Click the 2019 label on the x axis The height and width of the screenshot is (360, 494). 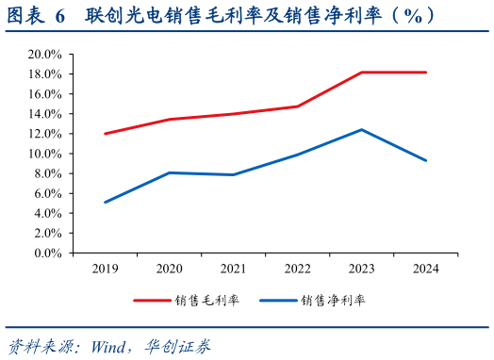coord(105,270)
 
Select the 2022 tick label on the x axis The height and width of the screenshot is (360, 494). coord(297,270)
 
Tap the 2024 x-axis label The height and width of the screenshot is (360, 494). coord(426,270)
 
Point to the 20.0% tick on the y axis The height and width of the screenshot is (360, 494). coord(45,55)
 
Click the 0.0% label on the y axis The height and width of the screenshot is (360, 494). coord(48,253)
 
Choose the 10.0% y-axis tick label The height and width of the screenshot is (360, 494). coord(45,154)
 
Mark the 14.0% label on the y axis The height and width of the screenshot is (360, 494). coord(45,114)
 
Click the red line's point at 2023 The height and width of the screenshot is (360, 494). coord(362,73)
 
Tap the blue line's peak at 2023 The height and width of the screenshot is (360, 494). coord(362,130)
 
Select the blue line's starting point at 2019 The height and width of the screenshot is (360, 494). coord(105,202)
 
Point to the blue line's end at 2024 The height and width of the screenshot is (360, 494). coord(426,160)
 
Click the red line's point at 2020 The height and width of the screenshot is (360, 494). coord(169,120)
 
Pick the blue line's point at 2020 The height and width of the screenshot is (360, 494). coord(169,172)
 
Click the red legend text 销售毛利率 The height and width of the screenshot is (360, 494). coord(206,302)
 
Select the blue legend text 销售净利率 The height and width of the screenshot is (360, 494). coord(333,302)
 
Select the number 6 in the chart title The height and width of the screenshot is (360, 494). coord(60,15)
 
